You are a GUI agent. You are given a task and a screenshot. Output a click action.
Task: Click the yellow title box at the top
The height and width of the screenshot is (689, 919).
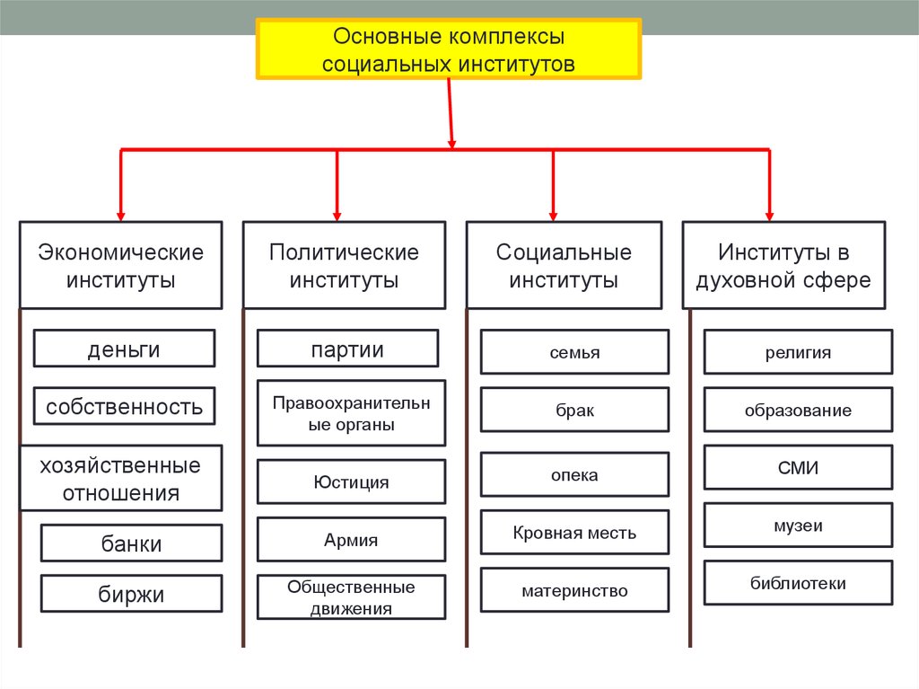click(449, 49)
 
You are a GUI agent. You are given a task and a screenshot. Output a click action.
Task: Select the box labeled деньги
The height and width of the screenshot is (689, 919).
click(124, 349)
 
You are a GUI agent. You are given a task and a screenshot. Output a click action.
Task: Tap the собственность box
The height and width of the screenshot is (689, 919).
click(124, 406)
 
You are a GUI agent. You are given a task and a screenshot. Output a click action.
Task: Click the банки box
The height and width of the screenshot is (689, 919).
click(131, 543)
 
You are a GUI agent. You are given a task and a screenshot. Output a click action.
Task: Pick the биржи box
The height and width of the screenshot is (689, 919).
click(131, 594)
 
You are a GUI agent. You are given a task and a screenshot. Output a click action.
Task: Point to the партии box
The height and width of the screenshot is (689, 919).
click(347, 349)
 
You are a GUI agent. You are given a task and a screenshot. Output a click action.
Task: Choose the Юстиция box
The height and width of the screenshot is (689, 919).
click(351, 481)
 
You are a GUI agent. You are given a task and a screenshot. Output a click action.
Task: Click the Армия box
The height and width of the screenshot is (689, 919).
click(351, 539)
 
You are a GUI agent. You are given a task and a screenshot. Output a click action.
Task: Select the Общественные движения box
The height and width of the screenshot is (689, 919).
click(351, 596)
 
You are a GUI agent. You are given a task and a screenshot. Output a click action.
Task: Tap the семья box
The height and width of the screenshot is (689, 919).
click(574, 352)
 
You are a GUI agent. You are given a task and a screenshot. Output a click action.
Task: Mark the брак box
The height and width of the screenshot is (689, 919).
click(574, 410)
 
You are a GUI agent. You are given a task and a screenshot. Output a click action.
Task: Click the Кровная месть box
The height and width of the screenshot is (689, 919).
click(574, 533)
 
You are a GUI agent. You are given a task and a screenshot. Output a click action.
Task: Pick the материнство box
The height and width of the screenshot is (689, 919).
click(574, 590)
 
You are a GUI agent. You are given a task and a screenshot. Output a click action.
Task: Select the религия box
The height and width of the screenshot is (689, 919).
click(798, 352)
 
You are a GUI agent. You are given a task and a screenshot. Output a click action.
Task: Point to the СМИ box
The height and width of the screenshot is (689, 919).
click(798, 467)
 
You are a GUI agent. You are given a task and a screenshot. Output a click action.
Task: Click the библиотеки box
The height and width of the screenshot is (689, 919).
click(798, 583)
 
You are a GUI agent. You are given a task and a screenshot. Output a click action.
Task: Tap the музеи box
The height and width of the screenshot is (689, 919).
click(798, 526)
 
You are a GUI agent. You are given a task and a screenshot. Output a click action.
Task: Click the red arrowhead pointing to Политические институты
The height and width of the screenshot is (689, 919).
click(337, 216)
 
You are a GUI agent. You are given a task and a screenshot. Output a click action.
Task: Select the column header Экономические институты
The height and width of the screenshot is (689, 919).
click(121, 265)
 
